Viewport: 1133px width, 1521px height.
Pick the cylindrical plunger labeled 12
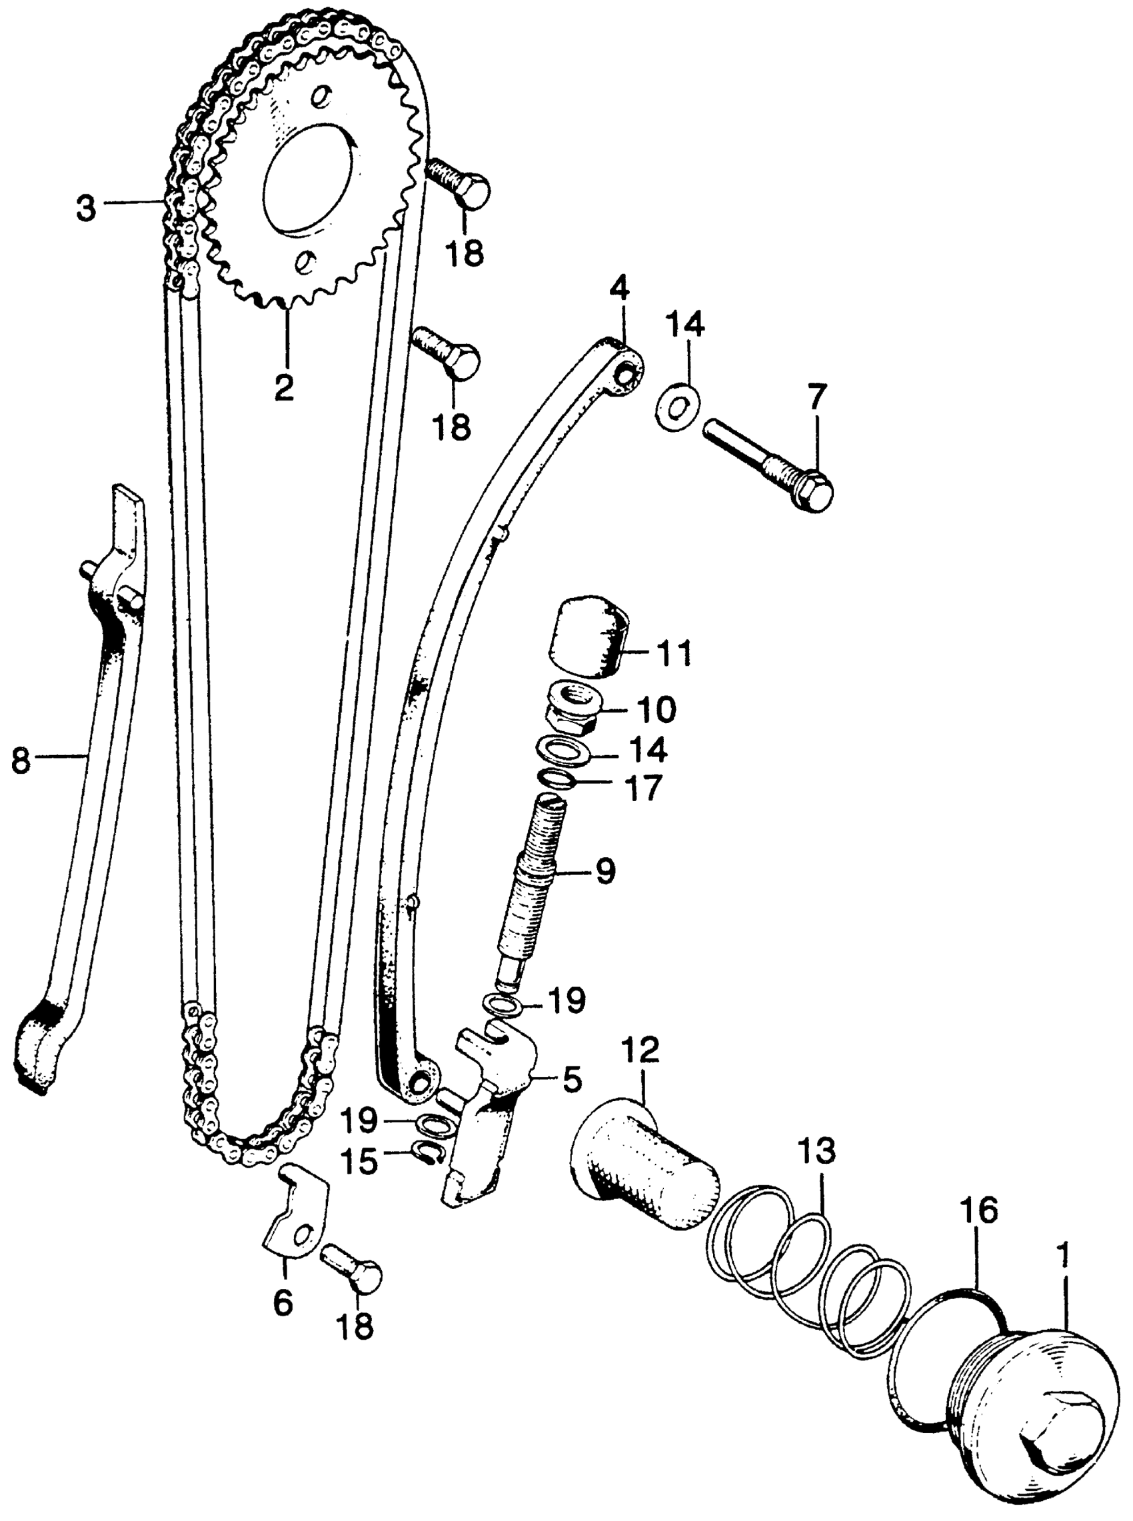644,1163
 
